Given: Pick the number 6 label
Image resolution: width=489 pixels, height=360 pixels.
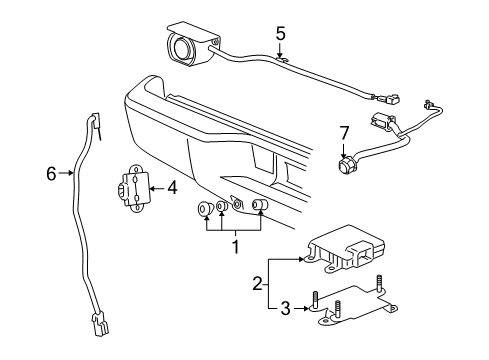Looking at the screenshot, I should pos(51,174).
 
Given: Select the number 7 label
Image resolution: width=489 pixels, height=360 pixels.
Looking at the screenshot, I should pos(343,133).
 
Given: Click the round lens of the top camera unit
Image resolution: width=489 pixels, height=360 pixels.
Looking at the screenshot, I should pos(180,49).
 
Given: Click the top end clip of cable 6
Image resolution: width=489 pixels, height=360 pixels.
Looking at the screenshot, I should pos(97,124).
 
